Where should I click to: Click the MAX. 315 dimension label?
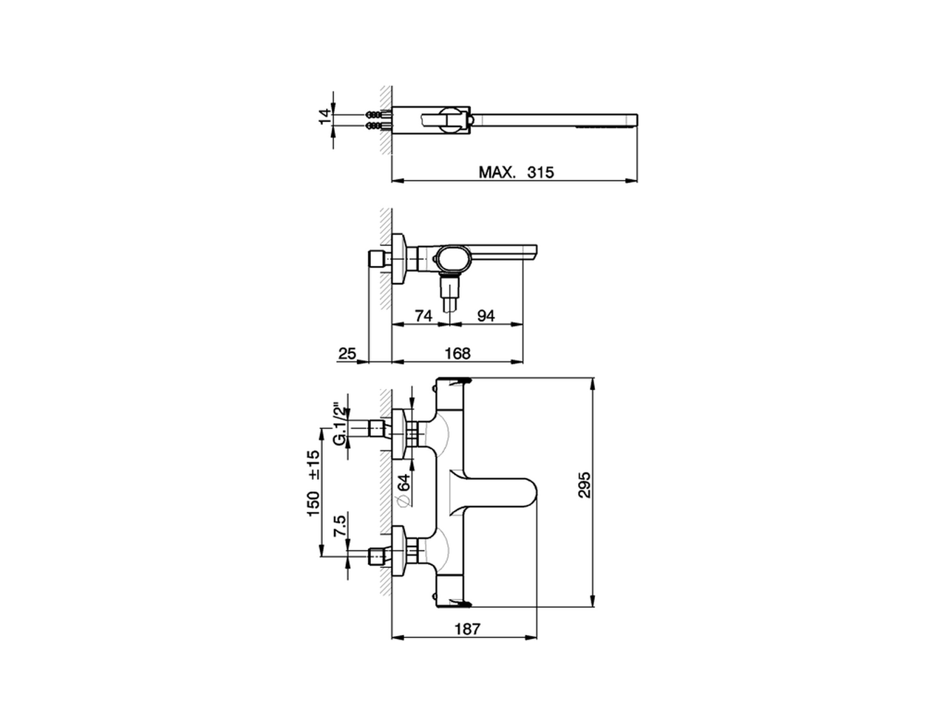[516, 172]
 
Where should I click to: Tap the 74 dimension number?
[423, 315]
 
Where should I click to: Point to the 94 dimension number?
[485, 315]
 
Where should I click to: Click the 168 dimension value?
[457, 354]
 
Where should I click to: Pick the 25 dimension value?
[347, 354]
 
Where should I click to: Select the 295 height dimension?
[584, 484]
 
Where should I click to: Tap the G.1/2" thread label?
[339, 423]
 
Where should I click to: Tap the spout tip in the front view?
[528, 492]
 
